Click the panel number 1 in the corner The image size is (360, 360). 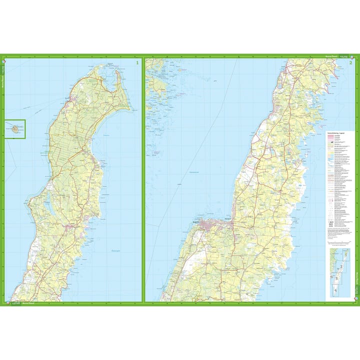coord(137,63)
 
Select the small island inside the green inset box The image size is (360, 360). coord(16,128)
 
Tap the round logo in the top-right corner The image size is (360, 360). coord(354,56)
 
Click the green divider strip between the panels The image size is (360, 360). coord(143,180)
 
